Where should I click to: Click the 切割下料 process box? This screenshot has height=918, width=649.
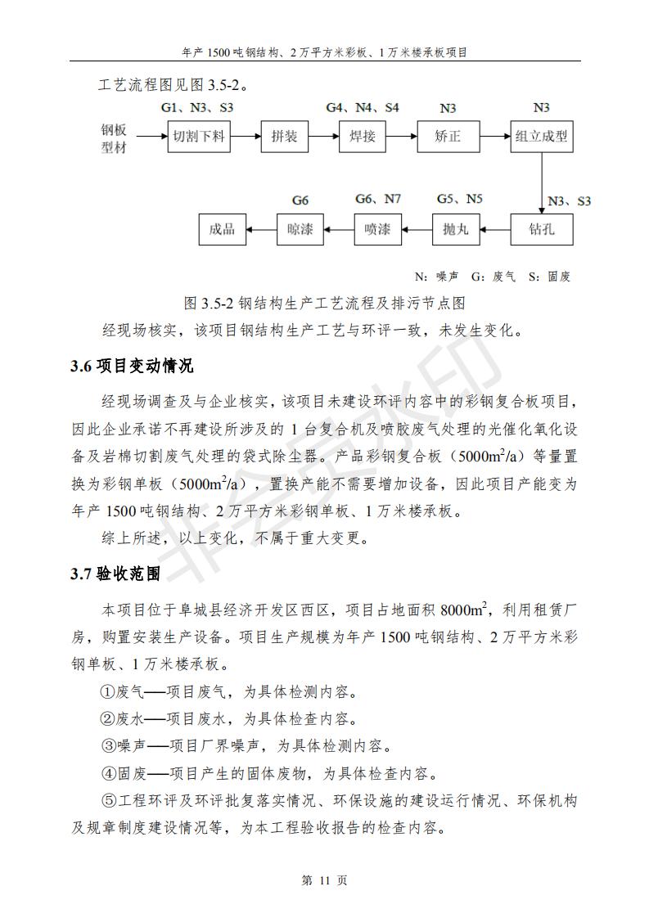pos(199,137)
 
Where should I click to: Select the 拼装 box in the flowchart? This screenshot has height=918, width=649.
pos(284,137)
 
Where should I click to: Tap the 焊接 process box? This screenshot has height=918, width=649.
pos(363,137)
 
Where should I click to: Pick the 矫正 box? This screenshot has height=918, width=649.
pos(448,137)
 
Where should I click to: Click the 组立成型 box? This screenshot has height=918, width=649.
pos(541,137)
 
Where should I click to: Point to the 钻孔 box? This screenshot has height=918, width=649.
pos(542,229)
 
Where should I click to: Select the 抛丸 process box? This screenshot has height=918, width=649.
pos(455,229)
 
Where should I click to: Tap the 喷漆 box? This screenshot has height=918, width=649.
pos(377,229)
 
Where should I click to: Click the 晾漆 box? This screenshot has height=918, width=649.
pos(300,229)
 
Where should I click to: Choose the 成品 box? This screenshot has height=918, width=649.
pos(223,229)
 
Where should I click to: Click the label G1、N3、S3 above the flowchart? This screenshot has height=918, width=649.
pos(196,108)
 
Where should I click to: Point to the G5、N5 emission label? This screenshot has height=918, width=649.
pos(459,199)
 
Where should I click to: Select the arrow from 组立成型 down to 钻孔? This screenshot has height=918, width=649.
pos(542,183)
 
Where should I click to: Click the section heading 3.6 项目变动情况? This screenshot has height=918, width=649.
pos(132,365)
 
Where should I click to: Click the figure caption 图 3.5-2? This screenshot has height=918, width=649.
pos(325,303)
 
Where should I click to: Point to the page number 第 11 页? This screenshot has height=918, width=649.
pos(324,880)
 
